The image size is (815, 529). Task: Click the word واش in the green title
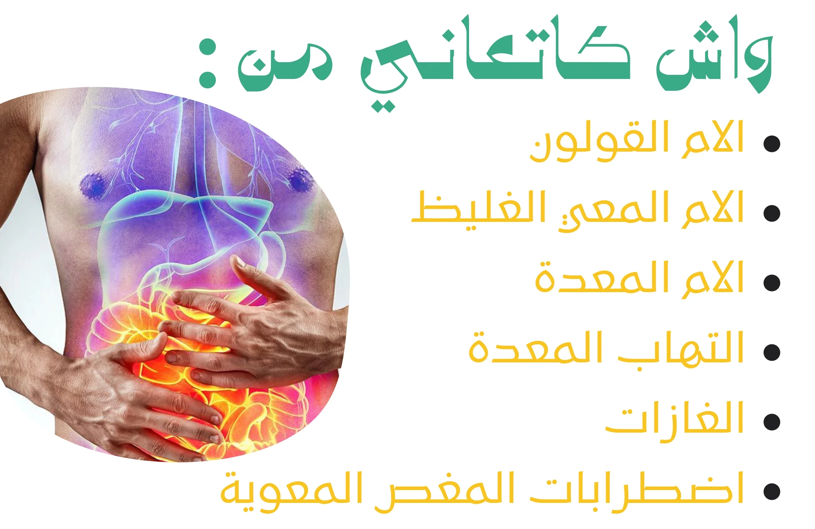pos(715,54)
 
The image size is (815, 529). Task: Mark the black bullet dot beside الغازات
pos(772,422)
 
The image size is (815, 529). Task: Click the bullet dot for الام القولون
pos(772,144)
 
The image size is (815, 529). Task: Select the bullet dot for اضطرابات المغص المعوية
pos(772,491)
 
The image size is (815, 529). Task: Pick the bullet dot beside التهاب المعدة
pos(772,352)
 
